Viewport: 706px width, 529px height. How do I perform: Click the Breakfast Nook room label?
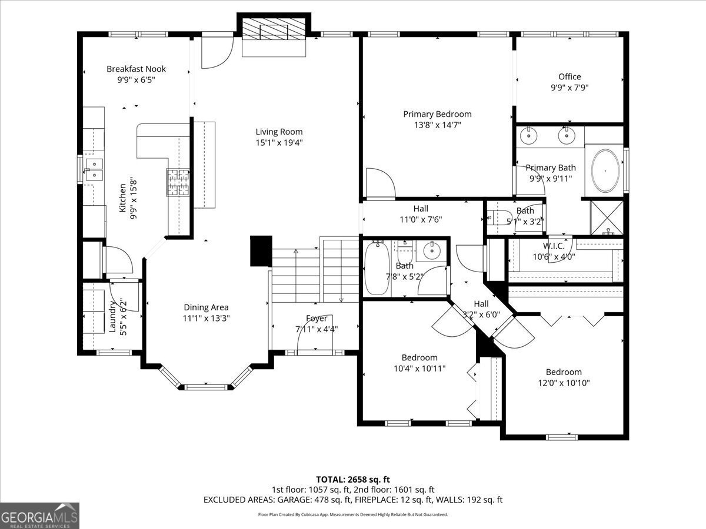click(x=136, y=69)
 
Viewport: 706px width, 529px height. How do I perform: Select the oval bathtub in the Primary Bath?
click(x=605, y=171)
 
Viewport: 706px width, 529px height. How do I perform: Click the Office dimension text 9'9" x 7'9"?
click(x=569, y=88)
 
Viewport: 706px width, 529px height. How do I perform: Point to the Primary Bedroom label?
click(x=437, y=114)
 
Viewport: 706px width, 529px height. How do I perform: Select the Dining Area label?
click(x=206, y=307)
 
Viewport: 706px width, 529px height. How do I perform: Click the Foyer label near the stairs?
click(x=317, y=319)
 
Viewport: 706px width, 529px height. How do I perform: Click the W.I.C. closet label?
click(x=554, y=246)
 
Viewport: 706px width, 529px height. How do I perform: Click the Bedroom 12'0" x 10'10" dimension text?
click(x=564, y=383)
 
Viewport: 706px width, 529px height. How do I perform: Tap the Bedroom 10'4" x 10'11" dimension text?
click(x=419, y=368)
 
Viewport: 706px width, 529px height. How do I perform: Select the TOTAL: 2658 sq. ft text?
click(x=353, y=479)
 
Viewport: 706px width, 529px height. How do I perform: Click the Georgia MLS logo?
click(x=39, y=515)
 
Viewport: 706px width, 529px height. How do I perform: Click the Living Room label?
click(x=279, y=132)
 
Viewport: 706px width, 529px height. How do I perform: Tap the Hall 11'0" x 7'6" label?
click(x=421, y=208)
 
